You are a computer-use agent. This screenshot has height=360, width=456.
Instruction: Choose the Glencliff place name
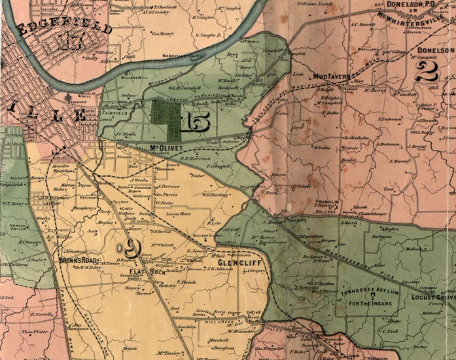[239, 262]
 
